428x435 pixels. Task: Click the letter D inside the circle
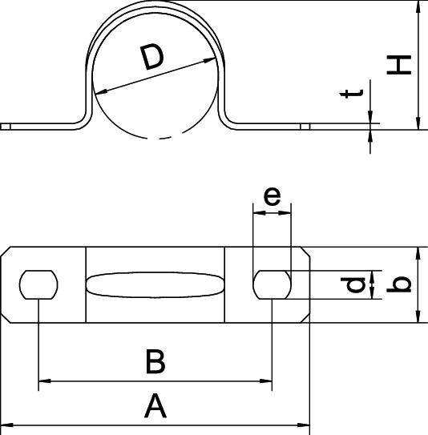pyautogui.click(x=151, y=58)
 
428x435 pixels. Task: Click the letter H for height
pyautogui.click(x=399, y=65)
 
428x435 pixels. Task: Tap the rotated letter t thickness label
pyautogui.click(x=352, y=94)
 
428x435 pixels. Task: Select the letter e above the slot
pyautogui.click(x=272, y=196)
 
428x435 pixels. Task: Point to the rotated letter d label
pyautogui.click(x=353, y=285)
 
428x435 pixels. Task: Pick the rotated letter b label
pyautogui.click(x=399, y=284)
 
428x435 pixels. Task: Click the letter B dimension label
pyautogui.click(x=155, y=362)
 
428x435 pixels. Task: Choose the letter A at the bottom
pyautogui.click(x=155, y=406)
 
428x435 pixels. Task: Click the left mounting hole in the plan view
pyautogui.click(x=38, y=284)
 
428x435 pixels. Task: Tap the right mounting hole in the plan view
pyautogui.click(x=272, y=284)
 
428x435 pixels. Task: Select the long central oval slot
pyautogui.click(x=155, y=285)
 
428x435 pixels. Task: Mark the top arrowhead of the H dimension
pyautogui.click(x=418, y=6)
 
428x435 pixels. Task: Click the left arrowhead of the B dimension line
pyautogui.click(x=44, y=381)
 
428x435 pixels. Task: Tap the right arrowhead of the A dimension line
pyautogui.click(x=304, y=425)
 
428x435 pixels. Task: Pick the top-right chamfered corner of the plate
pyautogui.click(x=305, y=252)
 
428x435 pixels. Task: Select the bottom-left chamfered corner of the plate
pyautogui.click(x=6, y=318)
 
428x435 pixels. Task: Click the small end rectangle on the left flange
pyautogui.click(x=6, y=127)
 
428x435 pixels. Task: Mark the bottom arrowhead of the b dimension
pyautogui.click(x=418, y=316)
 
